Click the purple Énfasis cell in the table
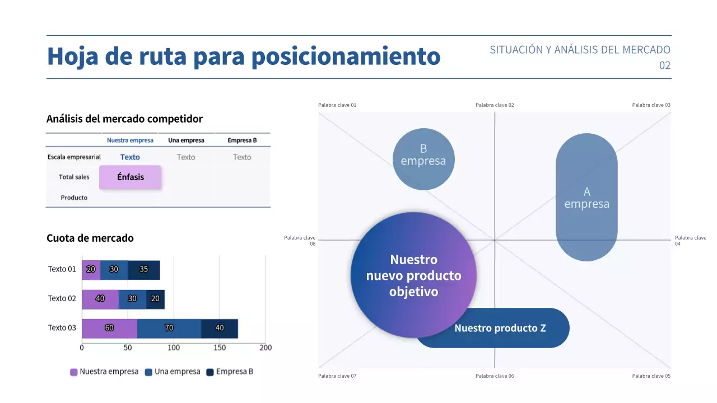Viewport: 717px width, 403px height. [130, 177]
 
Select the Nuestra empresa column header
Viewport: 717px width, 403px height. [130, 140]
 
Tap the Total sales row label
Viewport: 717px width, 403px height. [74, 177]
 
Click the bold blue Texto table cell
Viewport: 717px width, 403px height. [130, 157]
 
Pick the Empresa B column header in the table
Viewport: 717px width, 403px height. [242, 140]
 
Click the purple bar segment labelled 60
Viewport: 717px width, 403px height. [109, 329]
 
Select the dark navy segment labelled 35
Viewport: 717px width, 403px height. [144, 270]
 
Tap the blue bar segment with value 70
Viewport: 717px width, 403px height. [169, 329]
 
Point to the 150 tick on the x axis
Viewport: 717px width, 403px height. [220, 348]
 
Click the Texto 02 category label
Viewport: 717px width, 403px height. [62, 299]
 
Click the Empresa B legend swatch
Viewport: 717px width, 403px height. [210, 372]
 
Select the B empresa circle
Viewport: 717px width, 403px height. [423, 159]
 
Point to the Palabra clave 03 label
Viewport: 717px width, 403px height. [651, 105]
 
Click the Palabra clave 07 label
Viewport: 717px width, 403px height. [337, 376]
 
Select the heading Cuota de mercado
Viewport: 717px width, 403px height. [90, 238]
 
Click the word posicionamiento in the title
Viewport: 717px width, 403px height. [345, 57]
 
